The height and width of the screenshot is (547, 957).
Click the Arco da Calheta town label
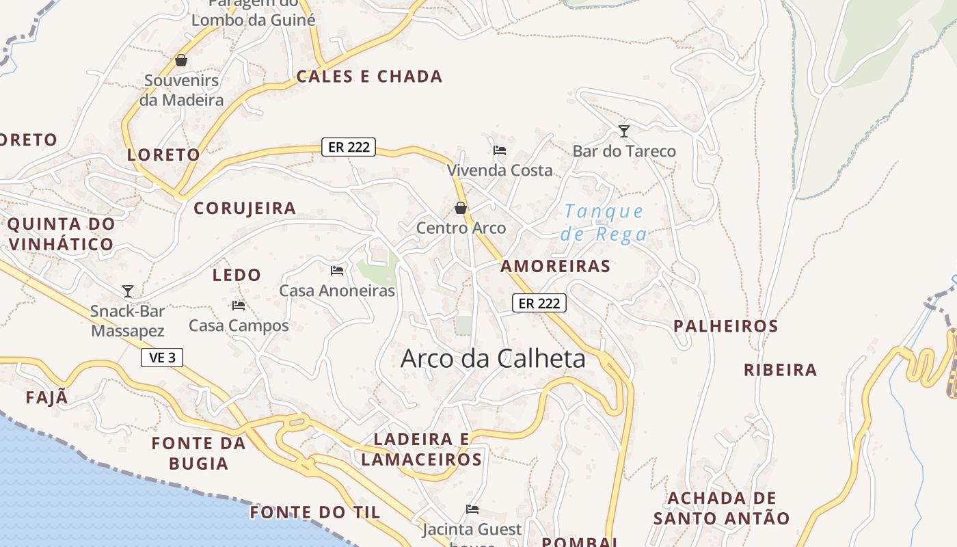click(x=493, y=358)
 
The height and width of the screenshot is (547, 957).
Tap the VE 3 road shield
click(x=162, y=358)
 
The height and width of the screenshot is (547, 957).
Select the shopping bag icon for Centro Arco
click(x=461, y=208)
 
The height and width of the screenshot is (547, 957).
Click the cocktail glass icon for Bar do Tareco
click(x=623, y=131)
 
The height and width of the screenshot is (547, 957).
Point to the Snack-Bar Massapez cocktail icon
click(x=128, y=291)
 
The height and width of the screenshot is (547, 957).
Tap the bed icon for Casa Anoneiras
click(x=337, y=271)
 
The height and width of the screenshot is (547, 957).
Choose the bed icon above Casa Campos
click(x=239, y=306)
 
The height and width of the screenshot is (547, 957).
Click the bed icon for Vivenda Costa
click(x=500, y=150)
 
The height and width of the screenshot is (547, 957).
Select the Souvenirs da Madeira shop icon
click(x=181, y=60)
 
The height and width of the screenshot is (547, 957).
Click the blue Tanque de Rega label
click(x=604, y=223)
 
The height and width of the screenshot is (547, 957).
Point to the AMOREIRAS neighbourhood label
click(x=555, y=266)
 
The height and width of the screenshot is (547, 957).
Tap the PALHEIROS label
click(x=726, y=326)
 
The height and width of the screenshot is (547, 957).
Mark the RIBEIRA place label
click(x=780, y=370)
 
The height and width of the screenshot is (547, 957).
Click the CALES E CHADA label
click(x=369, y=77)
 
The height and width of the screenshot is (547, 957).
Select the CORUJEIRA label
click(x=245, y=209)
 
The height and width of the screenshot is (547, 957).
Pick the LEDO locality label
click(x=237, y=275)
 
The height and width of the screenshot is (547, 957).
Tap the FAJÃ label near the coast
click(x=47, y=397)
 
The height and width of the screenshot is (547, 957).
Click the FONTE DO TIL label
click(x=315, y=512)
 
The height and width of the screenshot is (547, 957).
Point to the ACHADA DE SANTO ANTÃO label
click(x=721, y=508)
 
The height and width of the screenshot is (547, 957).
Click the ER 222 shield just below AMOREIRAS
click(x=539, y=303)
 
